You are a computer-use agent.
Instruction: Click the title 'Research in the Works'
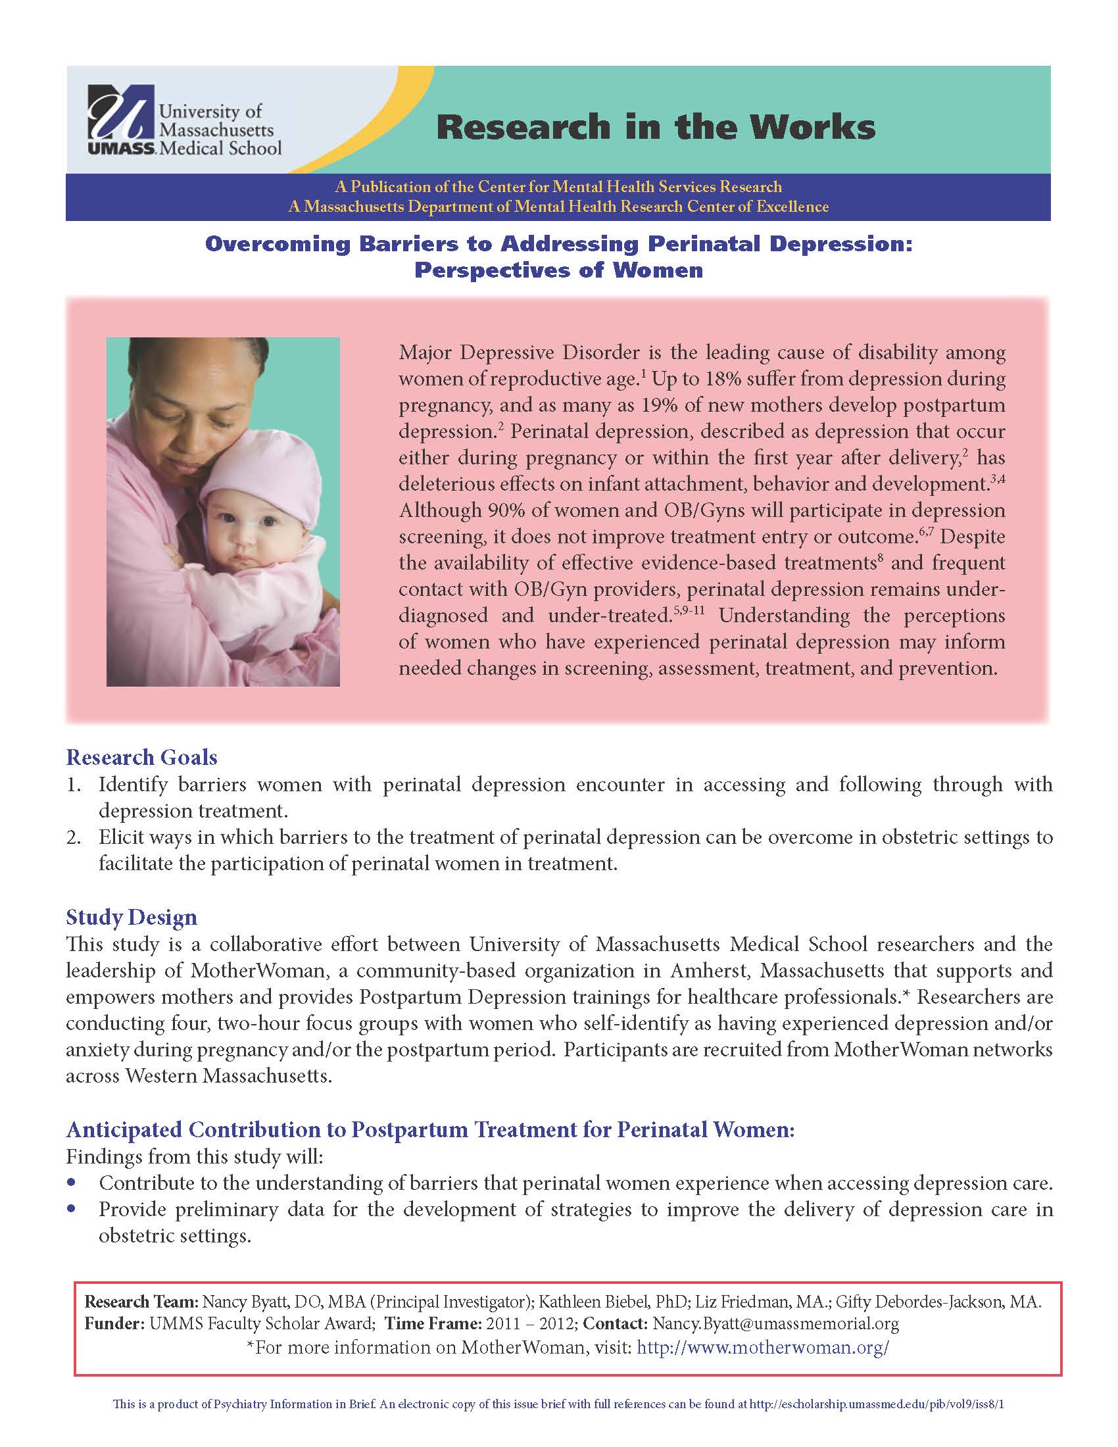(x=655, y=126)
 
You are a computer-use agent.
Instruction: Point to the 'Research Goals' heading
(x=142, y=756)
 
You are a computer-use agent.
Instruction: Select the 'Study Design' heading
(x=131, y=917)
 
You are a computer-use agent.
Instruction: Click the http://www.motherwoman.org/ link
(x=762, y=1348)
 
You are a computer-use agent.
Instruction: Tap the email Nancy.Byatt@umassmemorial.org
(x=775, y=1324)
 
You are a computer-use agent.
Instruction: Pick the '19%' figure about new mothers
(x=693, y=405)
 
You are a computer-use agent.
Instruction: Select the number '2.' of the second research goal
(x=74, y=837)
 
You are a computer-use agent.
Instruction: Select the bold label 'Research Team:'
(x=141, y=1302)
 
